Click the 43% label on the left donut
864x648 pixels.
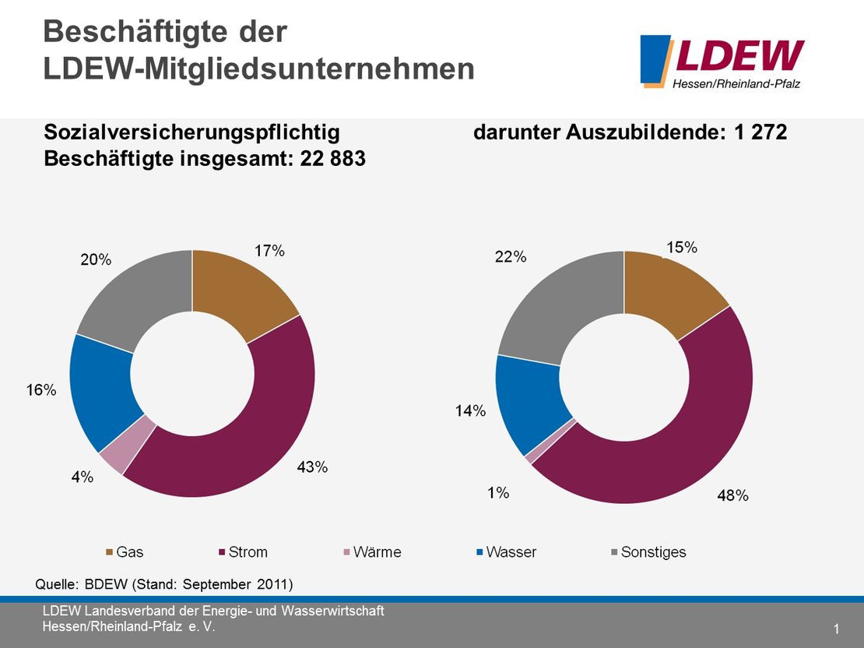tap(311, 467)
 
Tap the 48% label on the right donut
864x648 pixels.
tap(732, 495)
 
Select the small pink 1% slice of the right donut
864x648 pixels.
tap(530, 458)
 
